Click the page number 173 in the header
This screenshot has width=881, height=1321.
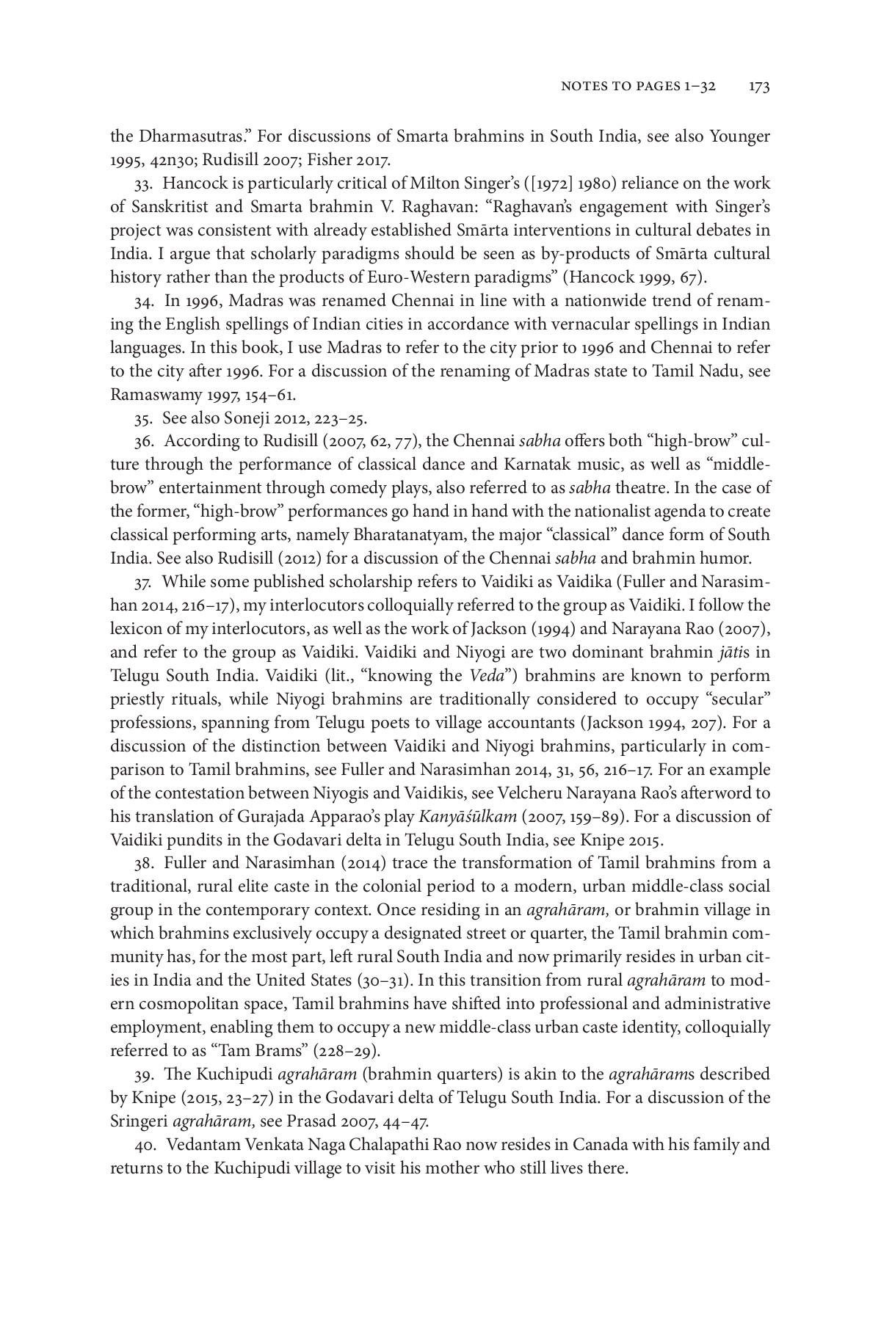758,87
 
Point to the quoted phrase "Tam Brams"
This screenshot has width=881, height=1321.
249,1051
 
